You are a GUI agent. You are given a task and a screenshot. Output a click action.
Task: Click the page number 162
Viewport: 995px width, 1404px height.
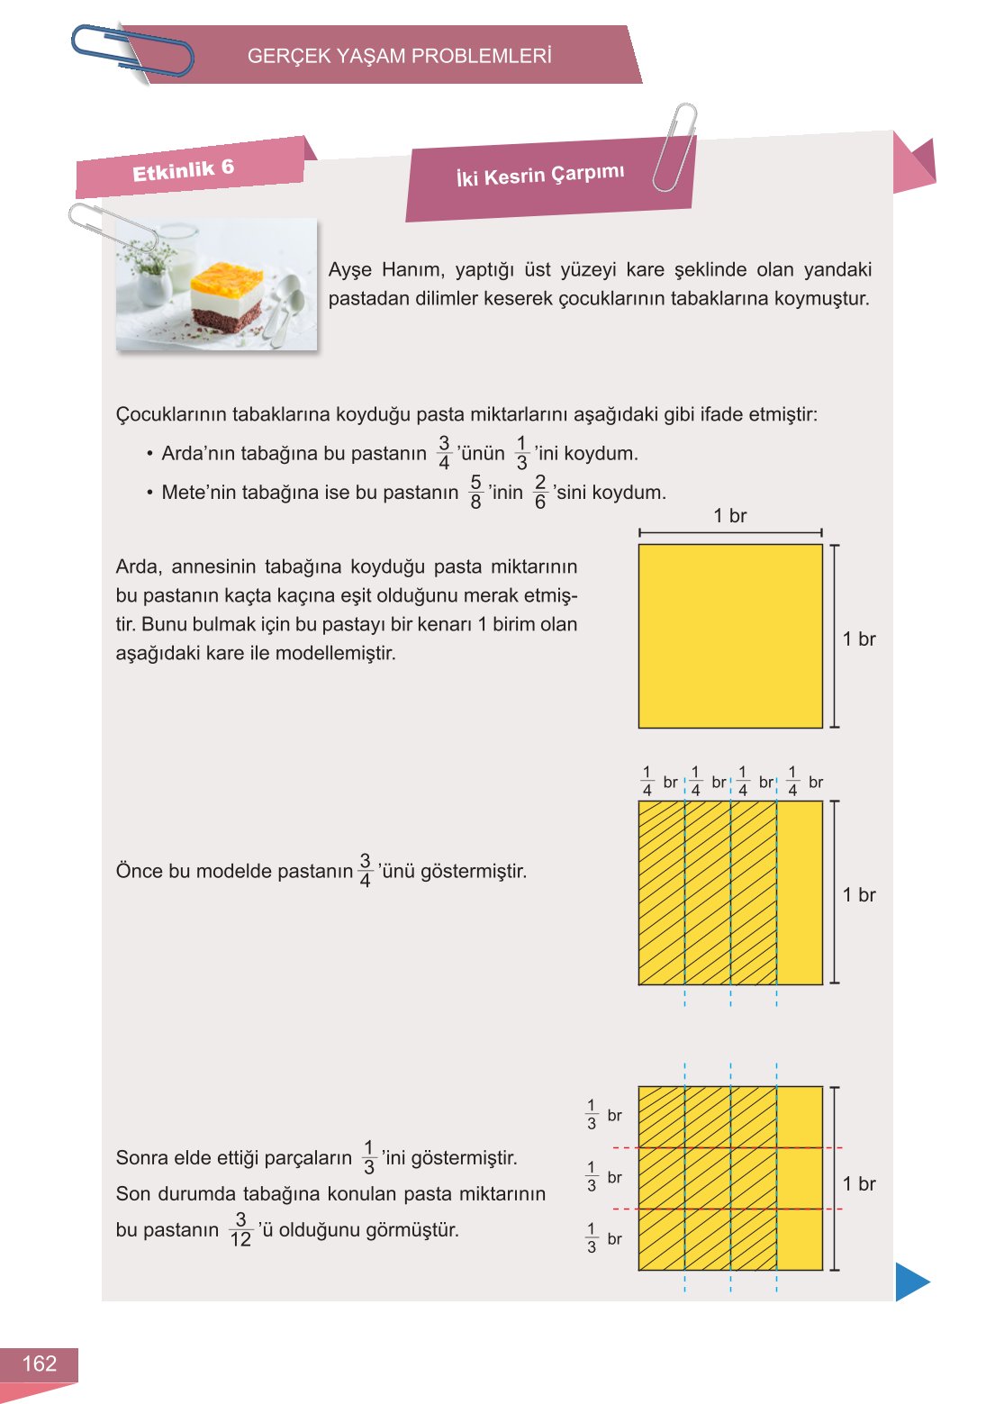tap(39, 1363)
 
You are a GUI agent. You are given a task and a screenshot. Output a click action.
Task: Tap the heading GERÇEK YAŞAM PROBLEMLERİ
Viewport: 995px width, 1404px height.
tap(399, 56)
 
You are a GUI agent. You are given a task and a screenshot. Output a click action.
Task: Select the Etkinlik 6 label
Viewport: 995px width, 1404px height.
tap(183, 169)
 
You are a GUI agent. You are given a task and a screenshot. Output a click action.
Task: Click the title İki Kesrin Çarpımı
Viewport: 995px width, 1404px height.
tap(539, 176)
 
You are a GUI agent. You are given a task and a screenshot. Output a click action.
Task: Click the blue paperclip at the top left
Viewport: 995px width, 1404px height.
tap(132, 50)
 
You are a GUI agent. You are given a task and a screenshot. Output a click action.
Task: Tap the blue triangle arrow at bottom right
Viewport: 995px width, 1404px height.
tap(910, 1282)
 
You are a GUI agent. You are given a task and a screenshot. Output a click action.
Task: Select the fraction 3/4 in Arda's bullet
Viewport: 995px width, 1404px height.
tap(444, 453)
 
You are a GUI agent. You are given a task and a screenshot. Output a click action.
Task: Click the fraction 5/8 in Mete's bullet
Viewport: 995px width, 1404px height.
tap(475, 493)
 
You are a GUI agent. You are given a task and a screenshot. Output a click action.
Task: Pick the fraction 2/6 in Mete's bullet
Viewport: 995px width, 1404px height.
tap(539, 493)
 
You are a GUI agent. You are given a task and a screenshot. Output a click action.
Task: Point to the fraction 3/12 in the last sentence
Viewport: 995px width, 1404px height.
tap(240, 1230)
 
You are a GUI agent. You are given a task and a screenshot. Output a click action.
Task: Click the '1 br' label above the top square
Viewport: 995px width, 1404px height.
tap(729, 516)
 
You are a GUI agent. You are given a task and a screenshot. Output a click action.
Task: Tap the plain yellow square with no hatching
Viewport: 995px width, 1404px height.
tap(730, 636)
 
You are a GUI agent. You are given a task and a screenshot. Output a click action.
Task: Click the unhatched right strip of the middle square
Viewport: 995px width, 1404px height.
tap(800, 892)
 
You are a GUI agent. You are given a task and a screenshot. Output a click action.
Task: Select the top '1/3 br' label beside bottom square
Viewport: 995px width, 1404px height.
tap(602, 1115)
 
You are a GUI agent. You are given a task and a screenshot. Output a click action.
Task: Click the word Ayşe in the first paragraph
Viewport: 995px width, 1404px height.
tap(349, 270)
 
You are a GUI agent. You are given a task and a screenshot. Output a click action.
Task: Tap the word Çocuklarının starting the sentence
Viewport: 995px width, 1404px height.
tap(171, 415)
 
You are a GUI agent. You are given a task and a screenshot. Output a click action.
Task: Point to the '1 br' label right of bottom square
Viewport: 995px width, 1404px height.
tap(859, 1183)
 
